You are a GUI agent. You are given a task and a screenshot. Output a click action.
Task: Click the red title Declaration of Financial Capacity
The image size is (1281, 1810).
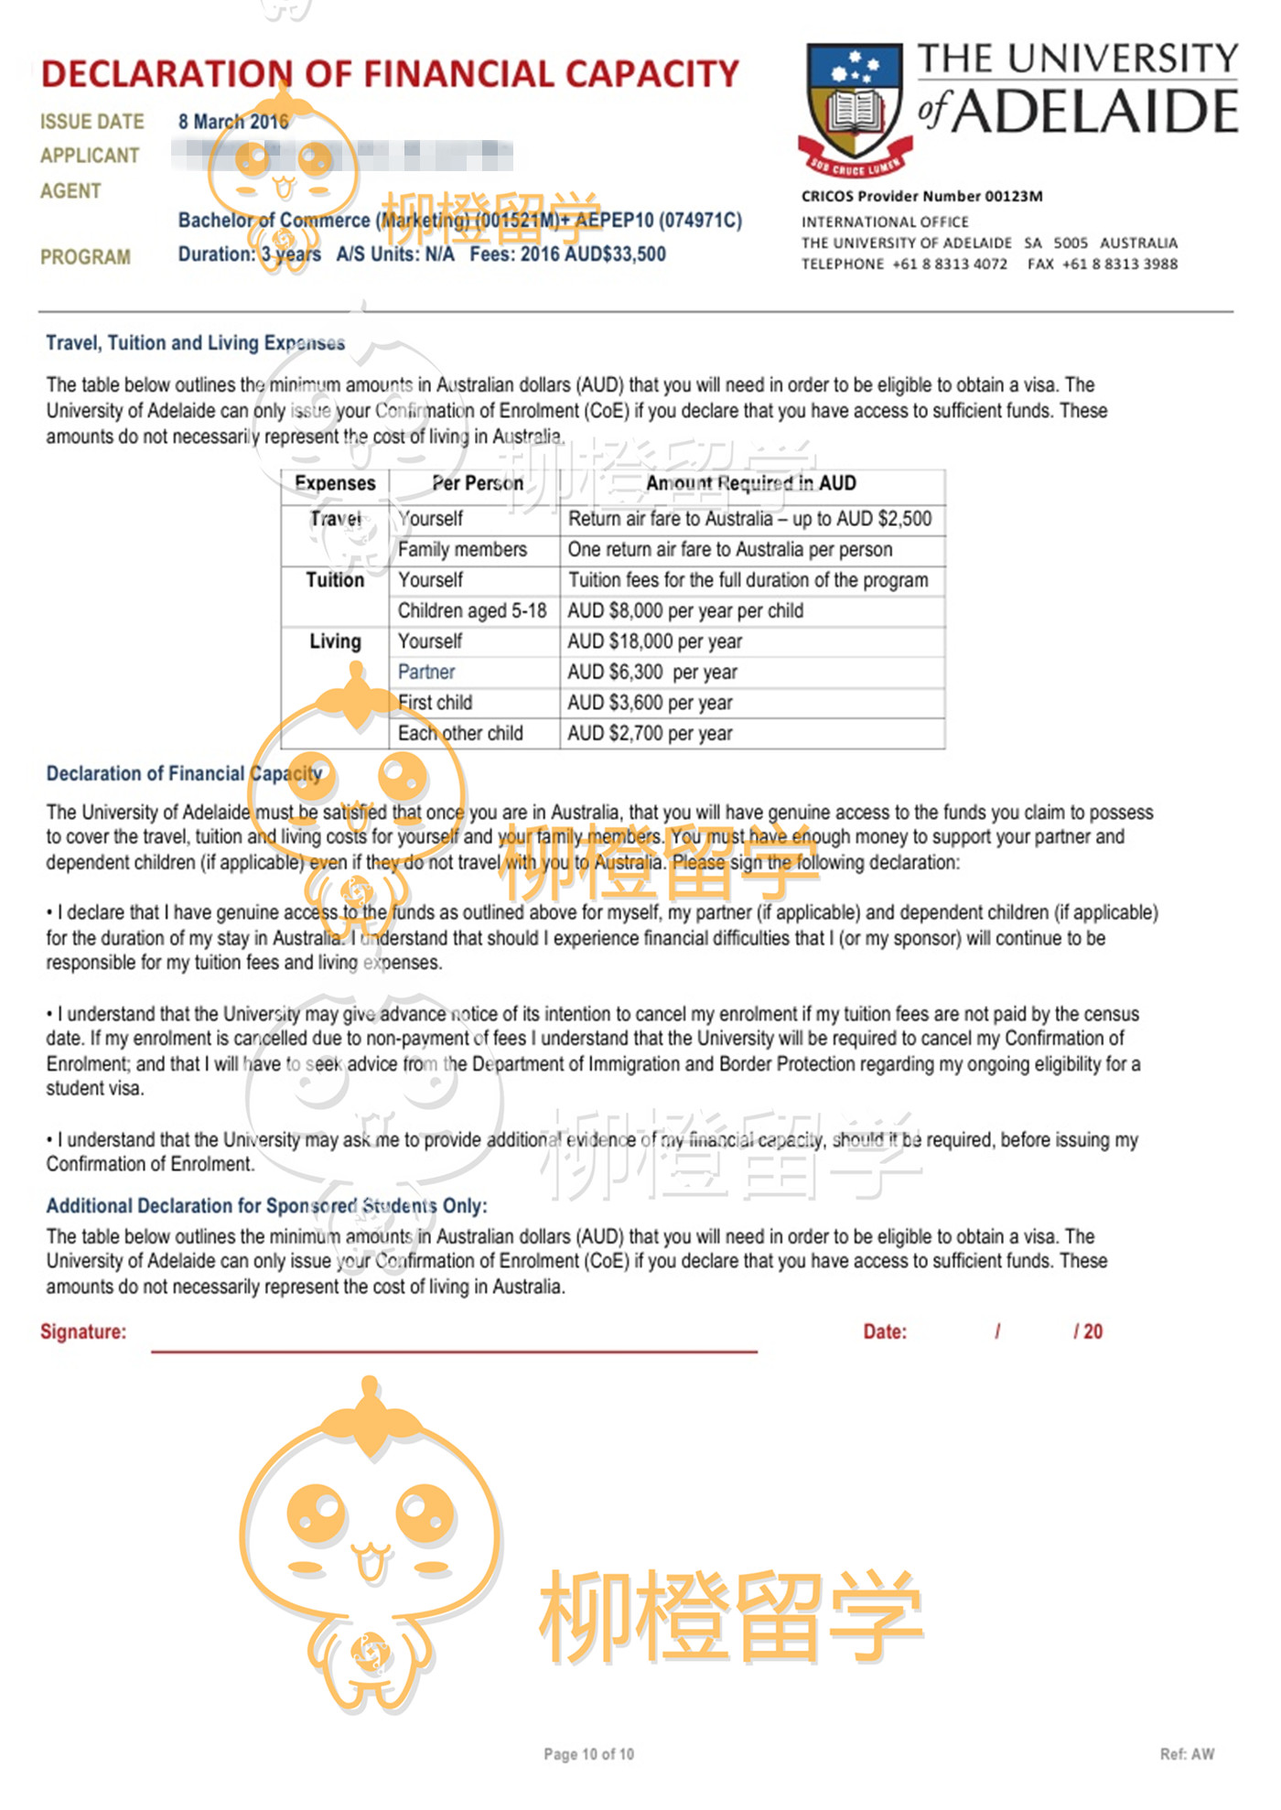(390, 74)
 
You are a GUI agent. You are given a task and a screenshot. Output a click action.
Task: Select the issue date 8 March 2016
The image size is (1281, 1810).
(233, 122)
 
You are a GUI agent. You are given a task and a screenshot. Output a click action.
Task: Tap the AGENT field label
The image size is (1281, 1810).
(70, 191)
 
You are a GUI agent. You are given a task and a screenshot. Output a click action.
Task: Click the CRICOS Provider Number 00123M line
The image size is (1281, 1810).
(921, 196)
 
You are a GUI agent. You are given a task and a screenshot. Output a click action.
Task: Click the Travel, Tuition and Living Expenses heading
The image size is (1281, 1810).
(195, 343)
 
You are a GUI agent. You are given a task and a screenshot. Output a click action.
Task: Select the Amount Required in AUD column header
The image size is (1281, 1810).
(750, 483)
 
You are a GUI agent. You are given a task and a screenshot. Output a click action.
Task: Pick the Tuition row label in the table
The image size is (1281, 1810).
(335, 580)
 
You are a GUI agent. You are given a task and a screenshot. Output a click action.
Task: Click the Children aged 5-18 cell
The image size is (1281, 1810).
(472, 610)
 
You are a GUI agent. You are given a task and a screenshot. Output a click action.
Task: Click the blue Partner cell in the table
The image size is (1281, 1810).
(426, 672)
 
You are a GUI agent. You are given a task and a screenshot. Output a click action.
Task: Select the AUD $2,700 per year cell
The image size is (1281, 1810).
(650, 733)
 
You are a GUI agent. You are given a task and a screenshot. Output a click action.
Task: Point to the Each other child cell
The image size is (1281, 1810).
(460, 733)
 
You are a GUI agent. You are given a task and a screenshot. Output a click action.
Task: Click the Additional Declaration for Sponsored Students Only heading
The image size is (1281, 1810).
(266, 1206)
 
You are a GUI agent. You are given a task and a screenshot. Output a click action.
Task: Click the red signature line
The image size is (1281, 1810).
(454, 1350)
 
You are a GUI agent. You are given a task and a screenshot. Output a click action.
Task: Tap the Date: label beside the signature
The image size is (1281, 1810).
(884, 1332)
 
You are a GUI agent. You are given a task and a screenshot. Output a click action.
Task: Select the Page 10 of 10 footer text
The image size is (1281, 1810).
(588, 1754)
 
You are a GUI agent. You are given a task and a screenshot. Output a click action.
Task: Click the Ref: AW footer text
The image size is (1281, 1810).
(1187, 1754)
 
